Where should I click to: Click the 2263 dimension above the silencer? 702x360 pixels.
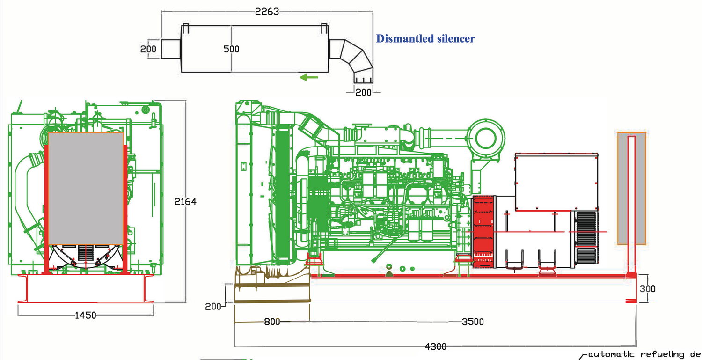pyautogui.click(x=267, y=12)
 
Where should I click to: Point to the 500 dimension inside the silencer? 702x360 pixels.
pyautogui.click(x=231, y=49)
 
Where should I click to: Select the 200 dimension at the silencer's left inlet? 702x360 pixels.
pyautogui.click(x=148, y=49)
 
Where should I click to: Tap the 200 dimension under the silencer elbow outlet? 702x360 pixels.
pyautogui.click(x=363, y=92)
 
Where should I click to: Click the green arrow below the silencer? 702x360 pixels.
pyautogui.click(x=309, y=77)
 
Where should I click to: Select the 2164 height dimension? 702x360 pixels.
pyautogui.click(x=185, y=202)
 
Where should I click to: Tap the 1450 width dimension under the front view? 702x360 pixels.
pyautogui.click(x=85, y=315)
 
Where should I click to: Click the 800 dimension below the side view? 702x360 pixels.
pyautogui.click(x=272, y=322)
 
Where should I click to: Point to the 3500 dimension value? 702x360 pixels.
pyautogui.click(x=473, y=322)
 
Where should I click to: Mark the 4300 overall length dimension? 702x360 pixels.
pyautogui.click(x=435, y=347)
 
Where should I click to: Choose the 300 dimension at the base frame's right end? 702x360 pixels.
pyautogui.click(x=647, y=289)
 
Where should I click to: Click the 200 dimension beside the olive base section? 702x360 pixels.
pyautogui.click(x=213, y=307)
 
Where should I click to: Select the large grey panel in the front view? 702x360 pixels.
pyautogui.click(x=86, y=189)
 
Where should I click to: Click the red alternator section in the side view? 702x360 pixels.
pyautogui.click(x=484, y=232)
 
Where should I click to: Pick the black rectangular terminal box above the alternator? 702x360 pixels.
pyautogui.click(x=556, y=181)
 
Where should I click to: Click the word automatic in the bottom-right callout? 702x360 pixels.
pyautogui.click(x=608, y=355)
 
